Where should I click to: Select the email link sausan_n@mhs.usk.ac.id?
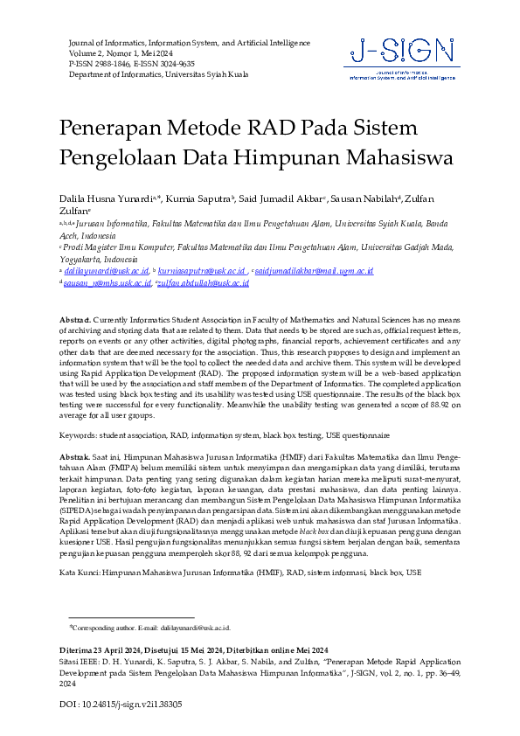(x=101, y=283)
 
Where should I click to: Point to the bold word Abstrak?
(x=74, y=457)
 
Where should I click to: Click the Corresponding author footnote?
(x=149, y=628)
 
